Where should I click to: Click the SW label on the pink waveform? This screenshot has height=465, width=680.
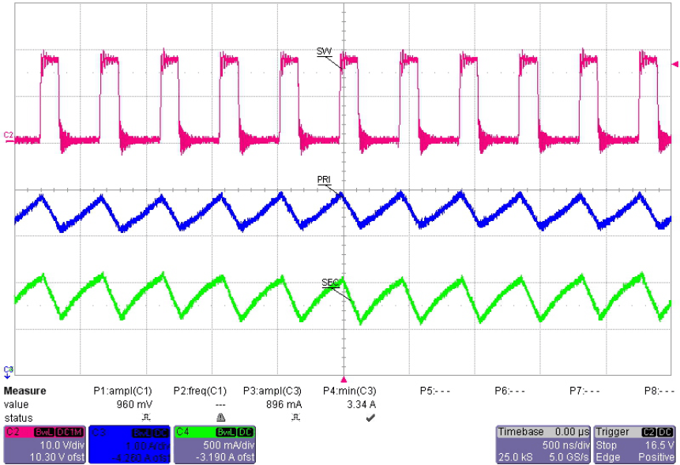(x=324, y=52)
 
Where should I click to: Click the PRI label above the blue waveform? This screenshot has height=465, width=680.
(x=324, y=180)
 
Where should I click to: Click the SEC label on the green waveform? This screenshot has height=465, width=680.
(x=329, y=282)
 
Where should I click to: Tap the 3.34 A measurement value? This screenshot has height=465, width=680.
(x=360, y=404)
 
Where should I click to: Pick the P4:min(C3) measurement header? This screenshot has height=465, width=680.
(x=350, y=391)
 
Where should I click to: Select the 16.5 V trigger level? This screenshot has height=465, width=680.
(x=658, y=444)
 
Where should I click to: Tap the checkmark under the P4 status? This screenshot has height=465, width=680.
(x=370, y=417)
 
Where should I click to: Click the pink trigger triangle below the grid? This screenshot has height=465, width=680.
(x=343, y=379)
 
